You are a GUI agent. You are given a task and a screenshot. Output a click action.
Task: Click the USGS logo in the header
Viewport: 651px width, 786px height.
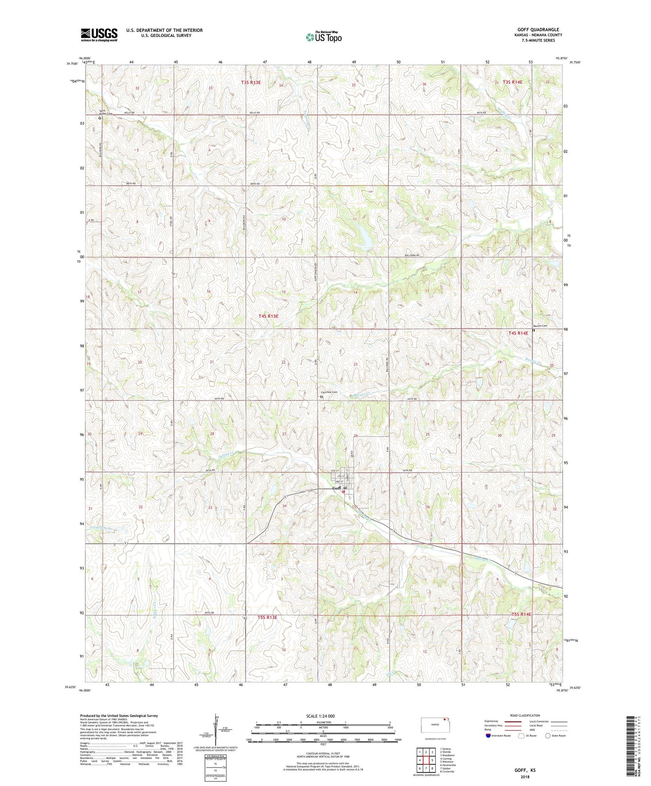point(99,35)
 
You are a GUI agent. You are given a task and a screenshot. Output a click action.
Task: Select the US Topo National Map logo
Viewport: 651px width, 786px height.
point(323,37)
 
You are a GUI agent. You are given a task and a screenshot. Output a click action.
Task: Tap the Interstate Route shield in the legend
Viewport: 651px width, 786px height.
point(488,735)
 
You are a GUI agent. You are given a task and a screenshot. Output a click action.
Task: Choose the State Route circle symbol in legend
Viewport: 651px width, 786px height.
point(547,735)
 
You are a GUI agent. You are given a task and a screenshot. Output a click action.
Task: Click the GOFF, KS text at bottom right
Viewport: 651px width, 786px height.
point(524,770)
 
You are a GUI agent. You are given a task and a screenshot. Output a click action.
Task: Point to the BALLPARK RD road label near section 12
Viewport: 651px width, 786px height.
point(412,255)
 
